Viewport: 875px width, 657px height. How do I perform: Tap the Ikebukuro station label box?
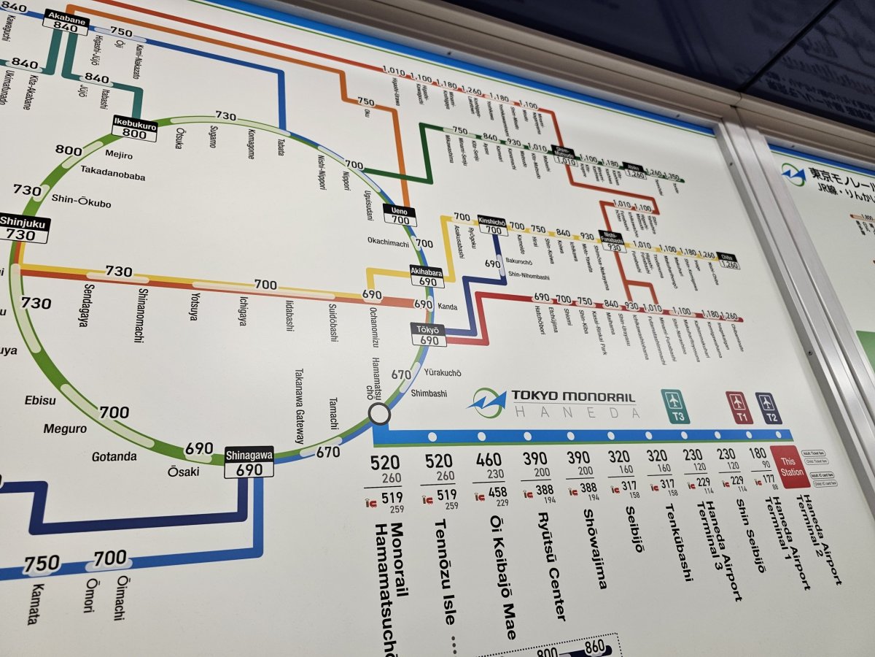134,128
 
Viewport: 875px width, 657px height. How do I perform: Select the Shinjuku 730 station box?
23,228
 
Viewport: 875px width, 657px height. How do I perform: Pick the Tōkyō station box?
429,334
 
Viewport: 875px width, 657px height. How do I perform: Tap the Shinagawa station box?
249,462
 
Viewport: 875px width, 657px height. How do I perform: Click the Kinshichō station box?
493,224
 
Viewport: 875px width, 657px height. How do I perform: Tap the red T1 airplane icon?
737,407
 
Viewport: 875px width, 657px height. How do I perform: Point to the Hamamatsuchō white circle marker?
379,414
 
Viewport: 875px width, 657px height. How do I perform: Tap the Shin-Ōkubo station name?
81,201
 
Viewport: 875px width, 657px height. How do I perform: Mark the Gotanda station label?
114,457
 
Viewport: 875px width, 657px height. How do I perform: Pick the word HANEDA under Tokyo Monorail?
576,412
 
